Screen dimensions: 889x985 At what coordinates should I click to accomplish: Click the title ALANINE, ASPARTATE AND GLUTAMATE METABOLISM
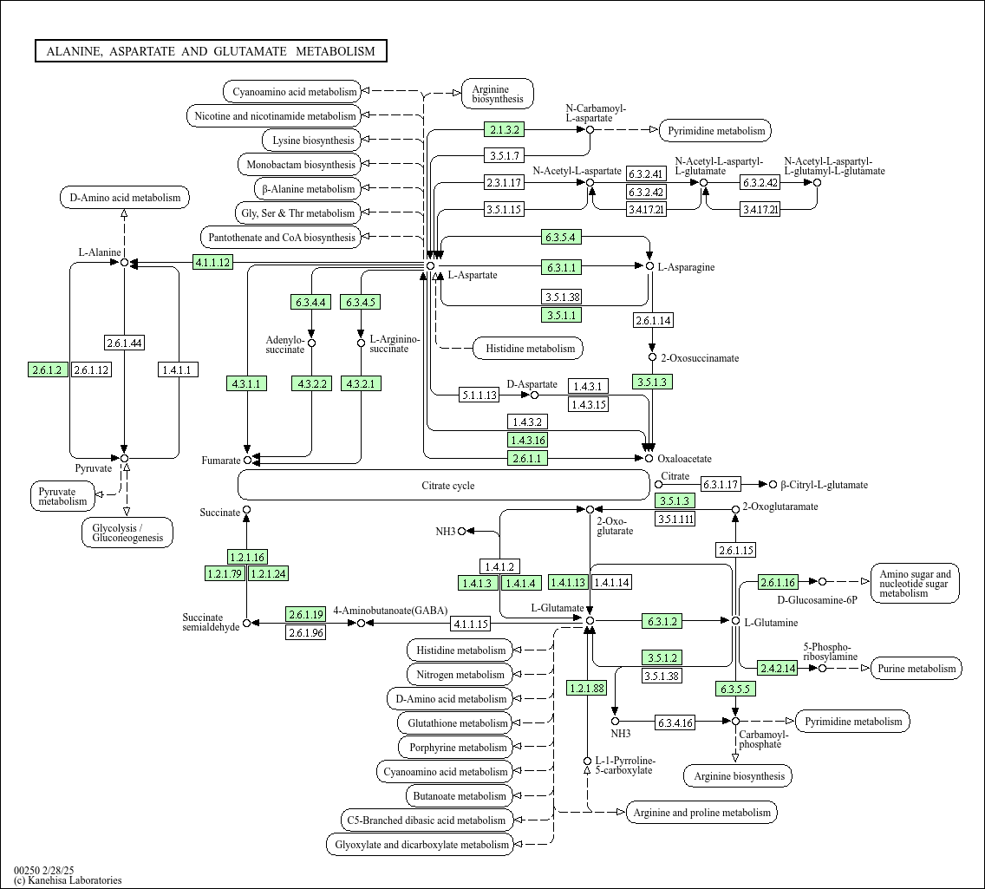point(211,51)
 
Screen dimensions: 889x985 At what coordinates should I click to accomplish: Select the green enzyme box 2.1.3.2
point(505,130)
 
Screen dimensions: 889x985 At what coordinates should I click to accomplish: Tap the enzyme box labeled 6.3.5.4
point(560,237)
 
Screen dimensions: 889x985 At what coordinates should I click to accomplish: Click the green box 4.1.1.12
point(212,262)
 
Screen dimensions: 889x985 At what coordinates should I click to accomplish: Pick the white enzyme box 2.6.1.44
point(124,343)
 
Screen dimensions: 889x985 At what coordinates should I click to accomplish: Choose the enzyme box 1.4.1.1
point(179,370)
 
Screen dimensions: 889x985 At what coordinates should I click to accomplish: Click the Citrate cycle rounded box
point(443,486)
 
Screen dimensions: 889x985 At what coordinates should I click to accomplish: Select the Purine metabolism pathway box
point(916,668)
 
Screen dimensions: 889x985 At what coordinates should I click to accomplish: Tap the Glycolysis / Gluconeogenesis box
point(128,533)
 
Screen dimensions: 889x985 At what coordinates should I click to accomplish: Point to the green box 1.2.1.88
point(587,689)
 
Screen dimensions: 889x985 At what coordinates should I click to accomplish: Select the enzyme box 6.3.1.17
point(721,485)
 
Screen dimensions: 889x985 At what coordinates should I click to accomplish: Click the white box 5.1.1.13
point(479,395)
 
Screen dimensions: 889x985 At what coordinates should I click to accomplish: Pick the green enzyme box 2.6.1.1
point(527,458)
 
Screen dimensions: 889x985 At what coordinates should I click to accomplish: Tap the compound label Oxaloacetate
point(684,459)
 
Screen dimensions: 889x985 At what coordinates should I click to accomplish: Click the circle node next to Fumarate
point(247,460)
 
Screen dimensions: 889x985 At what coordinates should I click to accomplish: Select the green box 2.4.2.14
point(777,668)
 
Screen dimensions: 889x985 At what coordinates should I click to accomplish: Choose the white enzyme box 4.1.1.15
point(471,624)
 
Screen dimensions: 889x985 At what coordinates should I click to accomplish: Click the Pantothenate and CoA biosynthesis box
point(281,238)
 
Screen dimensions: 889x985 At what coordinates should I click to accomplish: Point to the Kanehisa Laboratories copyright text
point(68,880)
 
